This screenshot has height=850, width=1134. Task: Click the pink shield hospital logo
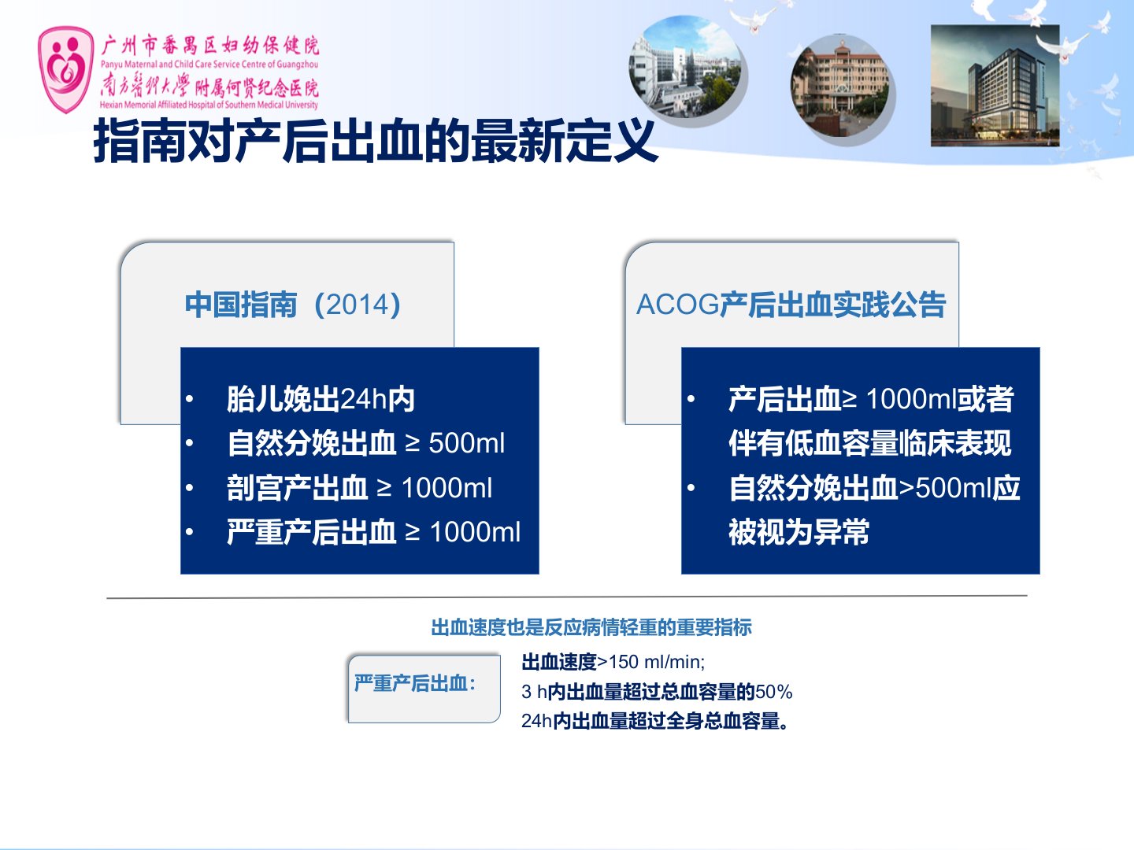[66, 69]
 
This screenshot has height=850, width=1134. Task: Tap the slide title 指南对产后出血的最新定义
[376, 141]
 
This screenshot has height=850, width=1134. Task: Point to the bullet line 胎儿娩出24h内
[321, 399]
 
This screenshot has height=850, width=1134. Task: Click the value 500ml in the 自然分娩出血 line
[466, 443]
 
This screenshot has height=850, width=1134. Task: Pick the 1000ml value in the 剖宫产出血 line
[447, 488]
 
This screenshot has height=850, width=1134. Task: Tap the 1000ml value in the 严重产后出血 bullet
[476, 532]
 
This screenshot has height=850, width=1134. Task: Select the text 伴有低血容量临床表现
[870, 443]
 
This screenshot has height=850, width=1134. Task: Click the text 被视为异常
[799, 532]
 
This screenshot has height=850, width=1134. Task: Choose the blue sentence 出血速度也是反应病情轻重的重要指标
[591, 627]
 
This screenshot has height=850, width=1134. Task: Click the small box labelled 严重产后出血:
[424, 689]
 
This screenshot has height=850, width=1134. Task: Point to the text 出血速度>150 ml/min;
[613, 662]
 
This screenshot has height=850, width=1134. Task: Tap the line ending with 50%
[657, 692]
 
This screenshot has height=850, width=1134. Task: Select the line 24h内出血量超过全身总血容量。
[656, 721]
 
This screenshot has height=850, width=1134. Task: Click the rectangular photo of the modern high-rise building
[995, 86]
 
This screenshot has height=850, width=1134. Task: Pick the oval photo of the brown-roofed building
[840, 86]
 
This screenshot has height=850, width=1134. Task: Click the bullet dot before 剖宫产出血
[190, 488]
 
